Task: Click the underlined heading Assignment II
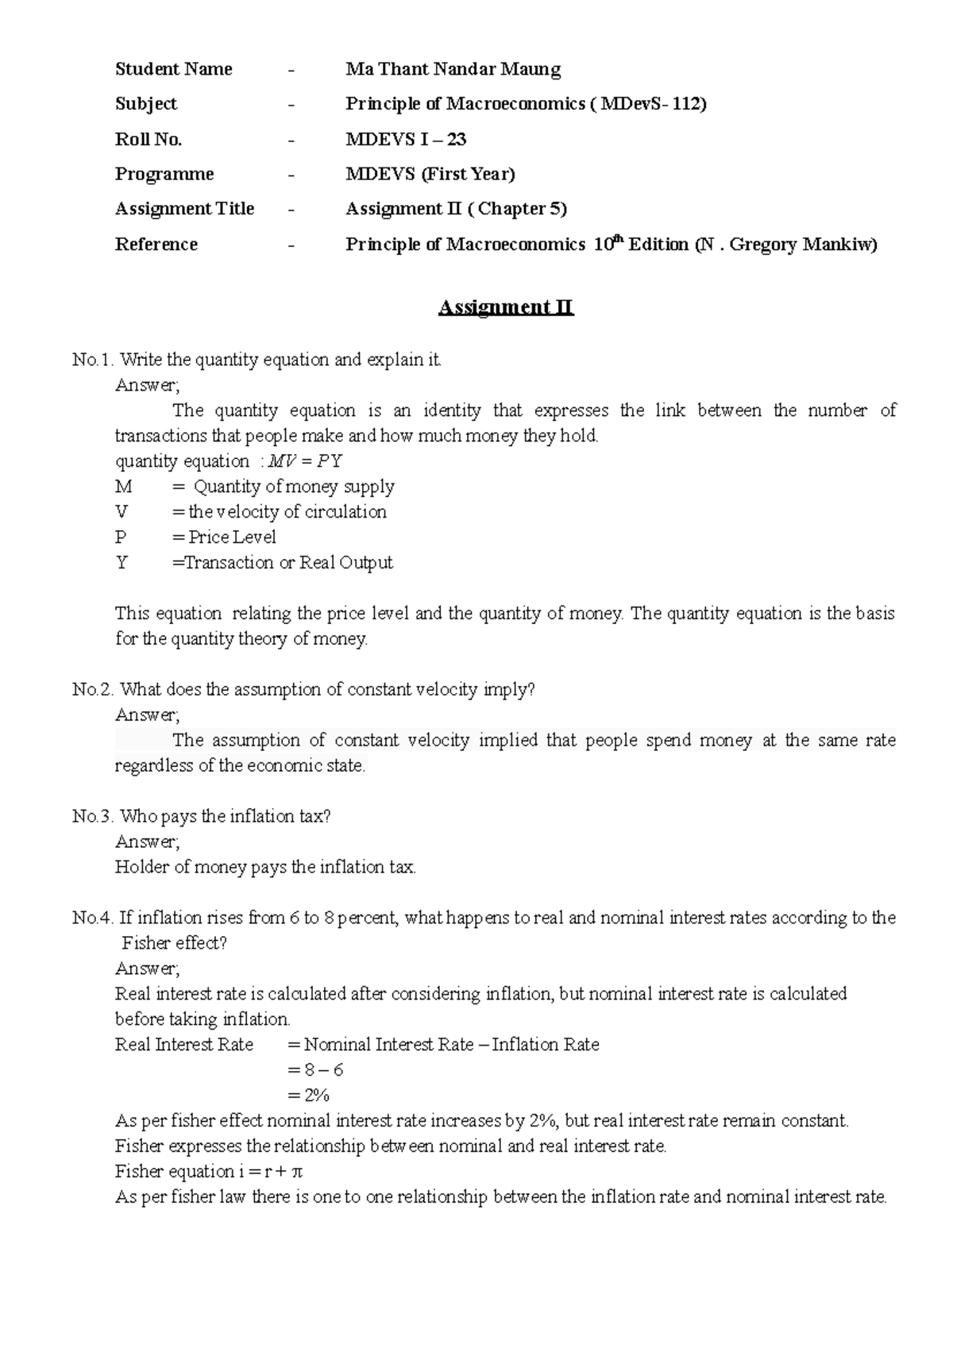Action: [x=506, y=308]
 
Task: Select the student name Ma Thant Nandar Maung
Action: [x=453, y=70]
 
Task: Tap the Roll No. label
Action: [x=149, y=140]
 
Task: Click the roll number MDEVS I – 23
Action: [x=406, y=140]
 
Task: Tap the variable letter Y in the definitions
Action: [x=122, y=563]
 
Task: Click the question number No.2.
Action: [x=93, y=690]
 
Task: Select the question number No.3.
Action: [x=93, y=817]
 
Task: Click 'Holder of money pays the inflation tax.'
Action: [x=265, y=868]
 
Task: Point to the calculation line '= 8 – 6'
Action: [x=315, y=1070]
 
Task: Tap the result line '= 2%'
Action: [x=308, y=1096]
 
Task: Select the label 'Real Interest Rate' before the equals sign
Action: [x=184, y=1045]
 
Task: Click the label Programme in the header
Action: [x=164, y=175]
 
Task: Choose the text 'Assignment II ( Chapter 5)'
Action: [x=456, y=209]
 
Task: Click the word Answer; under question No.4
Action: [x=148, y=969]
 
